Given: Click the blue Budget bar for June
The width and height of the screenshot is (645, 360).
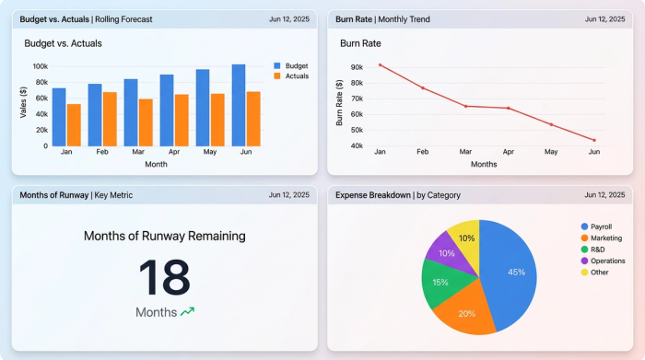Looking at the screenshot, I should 239,106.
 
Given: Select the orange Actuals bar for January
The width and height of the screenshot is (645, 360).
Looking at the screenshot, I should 74,125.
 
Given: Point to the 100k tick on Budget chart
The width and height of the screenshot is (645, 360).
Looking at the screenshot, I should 40,66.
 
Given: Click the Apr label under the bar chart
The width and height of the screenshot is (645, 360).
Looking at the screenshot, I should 173,152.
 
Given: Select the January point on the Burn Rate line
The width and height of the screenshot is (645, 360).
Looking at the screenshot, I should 380,64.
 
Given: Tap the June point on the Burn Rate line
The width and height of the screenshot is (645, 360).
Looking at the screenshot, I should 594,140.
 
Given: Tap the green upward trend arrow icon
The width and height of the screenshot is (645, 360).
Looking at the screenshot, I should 188,312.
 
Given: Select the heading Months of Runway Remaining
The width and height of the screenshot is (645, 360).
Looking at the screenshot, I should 164,236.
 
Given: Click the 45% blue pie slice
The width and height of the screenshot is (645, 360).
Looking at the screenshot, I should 512,271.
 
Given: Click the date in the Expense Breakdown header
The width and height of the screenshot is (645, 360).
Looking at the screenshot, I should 604,195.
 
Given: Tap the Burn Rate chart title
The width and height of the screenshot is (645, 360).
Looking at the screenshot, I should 362,42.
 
